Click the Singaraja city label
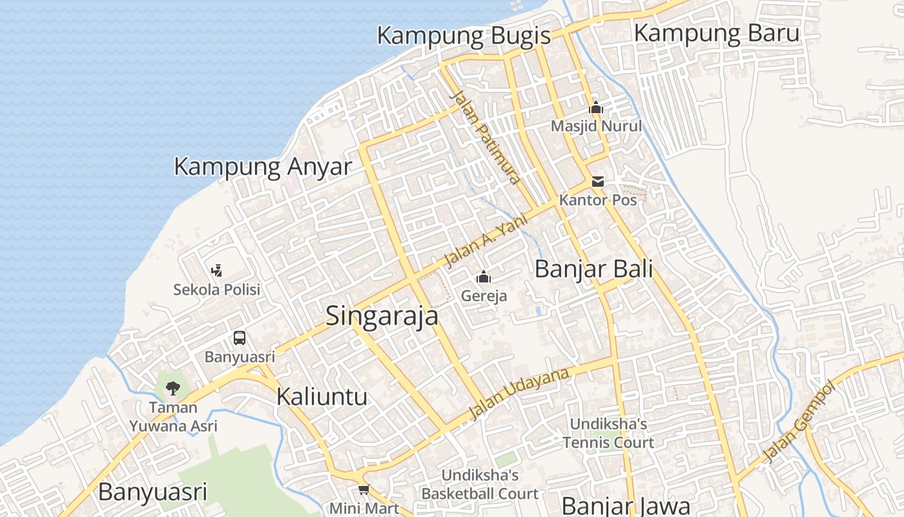click(382, 316)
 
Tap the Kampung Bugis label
click(464, 36)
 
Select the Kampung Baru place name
click(717, 33)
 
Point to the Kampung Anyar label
click(263, 167)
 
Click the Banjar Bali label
click(594, 269)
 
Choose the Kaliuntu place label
click(322, 396)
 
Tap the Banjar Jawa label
click(626, 505)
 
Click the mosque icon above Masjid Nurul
click(596, 108)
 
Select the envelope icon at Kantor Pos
click(598, 182)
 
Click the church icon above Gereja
click(484, 278)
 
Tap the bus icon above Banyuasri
click(240, 337)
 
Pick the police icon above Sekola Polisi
click(217, 270)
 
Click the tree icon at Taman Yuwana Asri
click(172, 388)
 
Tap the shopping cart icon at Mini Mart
click(364, 490)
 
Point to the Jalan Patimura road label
click(486, 136)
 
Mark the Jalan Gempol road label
click(799, 421)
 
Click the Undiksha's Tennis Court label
click(608, 433)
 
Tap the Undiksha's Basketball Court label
click(480, 484)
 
